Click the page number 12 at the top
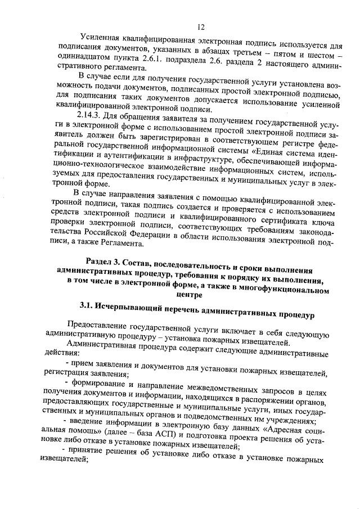200,26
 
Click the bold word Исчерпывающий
130,309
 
